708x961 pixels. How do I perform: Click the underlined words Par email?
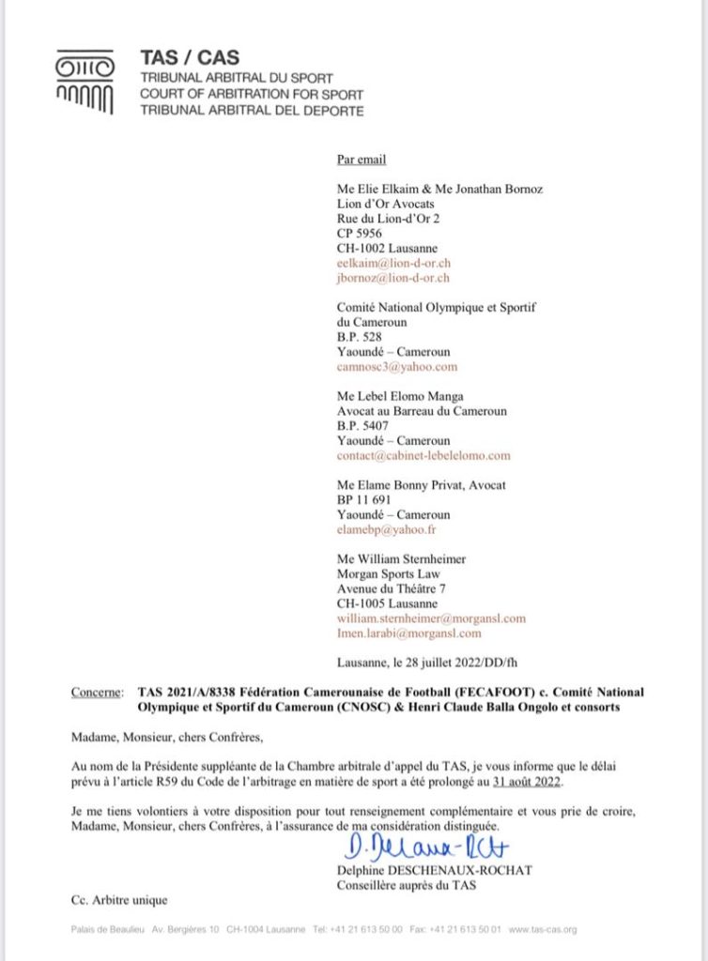[x=362, y=160]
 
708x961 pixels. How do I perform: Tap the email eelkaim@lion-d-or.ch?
[x=392, y=264]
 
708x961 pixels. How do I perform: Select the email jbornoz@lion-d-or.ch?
[x=393, y=278]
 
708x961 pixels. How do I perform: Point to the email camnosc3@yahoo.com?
[x=397, y=367]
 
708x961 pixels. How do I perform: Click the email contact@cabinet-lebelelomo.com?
[x=423, y=455]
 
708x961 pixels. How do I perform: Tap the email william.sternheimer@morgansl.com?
[x=431, y=618]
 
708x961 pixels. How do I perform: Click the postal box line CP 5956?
[x=359, y=234]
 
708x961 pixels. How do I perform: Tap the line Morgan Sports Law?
[x=388, y=574]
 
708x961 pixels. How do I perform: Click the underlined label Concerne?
[x=97, y=693]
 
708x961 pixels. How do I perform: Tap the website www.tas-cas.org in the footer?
[x=543, y=929]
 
